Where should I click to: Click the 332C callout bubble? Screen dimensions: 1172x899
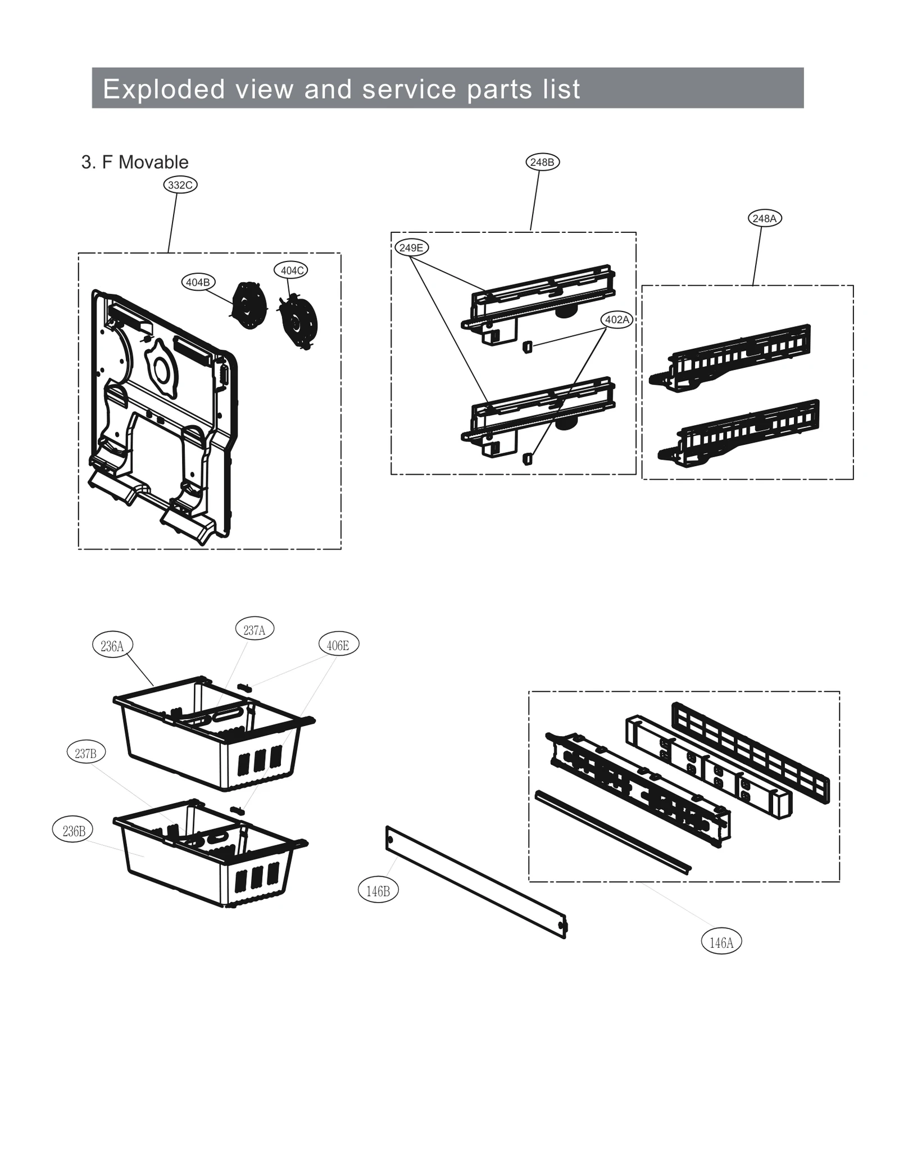(180, 185)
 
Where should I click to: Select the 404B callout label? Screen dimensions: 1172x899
(198, 282)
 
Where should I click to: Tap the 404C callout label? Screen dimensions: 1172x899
(292, 271)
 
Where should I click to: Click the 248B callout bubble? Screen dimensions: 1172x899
(542, 163)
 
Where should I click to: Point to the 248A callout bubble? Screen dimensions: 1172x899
(764, 218)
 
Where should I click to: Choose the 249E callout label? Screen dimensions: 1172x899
(411, 247)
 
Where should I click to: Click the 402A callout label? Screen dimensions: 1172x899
(617, 319)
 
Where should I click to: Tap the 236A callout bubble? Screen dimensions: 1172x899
(112, 646)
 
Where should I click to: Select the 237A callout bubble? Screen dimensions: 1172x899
(255, 630)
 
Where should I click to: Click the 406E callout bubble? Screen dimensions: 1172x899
(338, 645)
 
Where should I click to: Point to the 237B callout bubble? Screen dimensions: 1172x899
(86, 753)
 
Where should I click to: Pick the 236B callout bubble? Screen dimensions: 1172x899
(74, 831)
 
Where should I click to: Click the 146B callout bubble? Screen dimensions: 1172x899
(378, 891)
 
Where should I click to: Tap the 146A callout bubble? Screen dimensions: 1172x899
(721, 941)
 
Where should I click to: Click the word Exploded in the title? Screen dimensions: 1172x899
(164, 89)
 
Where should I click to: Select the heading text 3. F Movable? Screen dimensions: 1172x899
(135, 163)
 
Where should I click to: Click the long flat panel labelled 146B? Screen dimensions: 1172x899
(476, 881)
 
